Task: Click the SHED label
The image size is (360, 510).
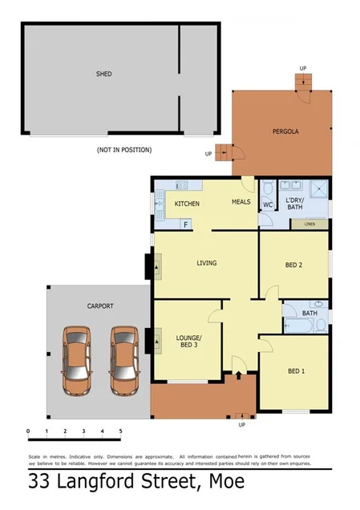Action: point(103,74)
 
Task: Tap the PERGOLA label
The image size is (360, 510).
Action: point(285,131)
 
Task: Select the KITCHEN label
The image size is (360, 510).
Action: point(187,204)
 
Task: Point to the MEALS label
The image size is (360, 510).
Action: point(241,201)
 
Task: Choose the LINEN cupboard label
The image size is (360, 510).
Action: point(309,224)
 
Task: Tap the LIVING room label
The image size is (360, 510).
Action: point(207,263)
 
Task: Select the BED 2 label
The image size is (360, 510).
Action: point(294,265)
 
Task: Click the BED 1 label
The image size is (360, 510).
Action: point(296,370)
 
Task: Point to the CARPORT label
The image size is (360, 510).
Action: point(100,306)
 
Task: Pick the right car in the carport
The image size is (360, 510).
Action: point(125,362)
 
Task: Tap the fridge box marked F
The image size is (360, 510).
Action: point(185,225)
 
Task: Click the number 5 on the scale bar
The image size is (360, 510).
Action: point(120,431)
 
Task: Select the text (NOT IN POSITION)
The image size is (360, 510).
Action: point(123,150)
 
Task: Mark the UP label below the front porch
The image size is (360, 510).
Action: point(242,425)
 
